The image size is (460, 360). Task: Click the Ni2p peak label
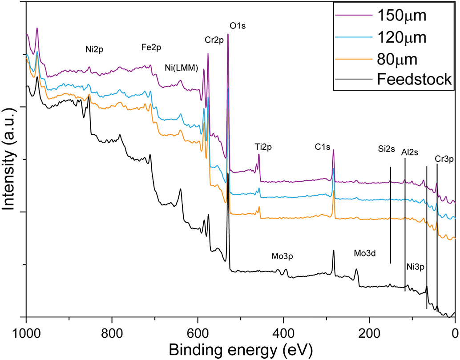click(x=94, y=49)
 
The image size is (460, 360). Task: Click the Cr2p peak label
click(x=214, y=40)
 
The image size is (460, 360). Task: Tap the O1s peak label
click(x=238, y=26)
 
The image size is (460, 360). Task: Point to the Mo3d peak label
click(x=365, y=253)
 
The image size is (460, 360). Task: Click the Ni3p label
click(x=416, y=267)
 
